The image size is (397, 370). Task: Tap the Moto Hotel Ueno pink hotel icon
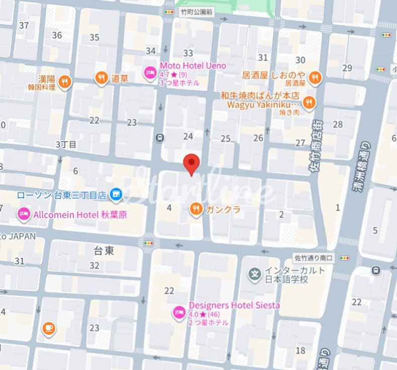point(150,73)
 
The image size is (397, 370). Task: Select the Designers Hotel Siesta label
point(234,305)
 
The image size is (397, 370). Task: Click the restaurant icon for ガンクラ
point(196,209)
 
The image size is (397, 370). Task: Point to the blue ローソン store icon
point(116,194)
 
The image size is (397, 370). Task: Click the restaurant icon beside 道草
point(102,78)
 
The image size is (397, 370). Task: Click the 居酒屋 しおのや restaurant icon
point(315,77)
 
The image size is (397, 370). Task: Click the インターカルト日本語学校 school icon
point(256,275)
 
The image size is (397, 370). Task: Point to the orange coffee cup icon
point(48,328)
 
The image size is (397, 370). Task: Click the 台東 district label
point(104,251)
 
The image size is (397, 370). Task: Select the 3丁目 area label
point(66,145)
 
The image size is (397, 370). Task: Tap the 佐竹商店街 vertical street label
point(315,146)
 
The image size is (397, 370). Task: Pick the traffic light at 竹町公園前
point(167,12)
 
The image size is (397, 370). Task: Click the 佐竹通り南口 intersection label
point(314,258)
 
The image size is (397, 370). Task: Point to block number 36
point(57,35)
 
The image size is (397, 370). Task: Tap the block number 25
point(226,138)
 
